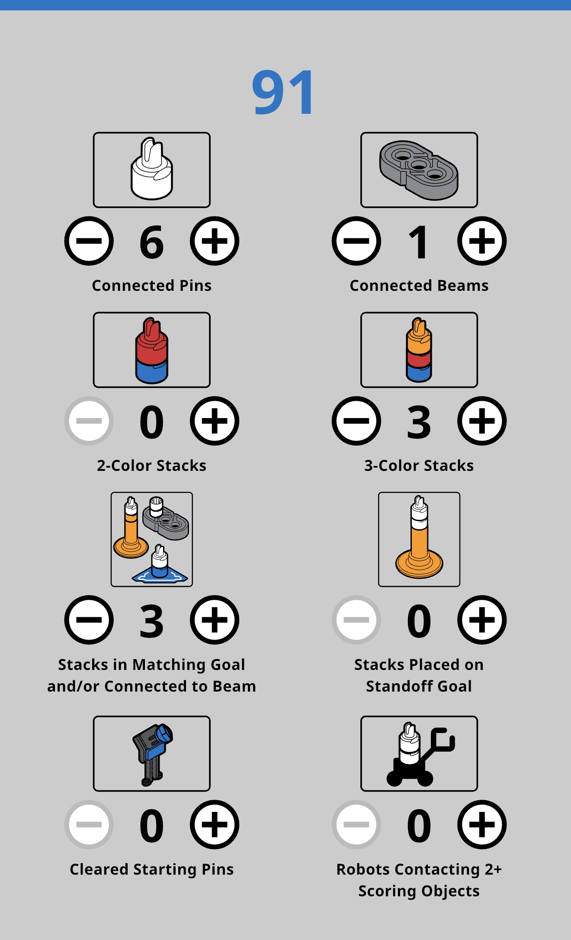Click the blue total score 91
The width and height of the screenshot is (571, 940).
[x=283, y=93]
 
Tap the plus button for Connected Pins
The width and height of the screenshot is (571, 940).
[x=215, y=241]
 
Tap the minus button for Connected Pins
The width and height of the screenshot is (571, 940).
[x=89, y=241]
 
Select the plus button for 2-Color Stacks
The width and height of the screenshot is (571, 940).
[x=215, y=421]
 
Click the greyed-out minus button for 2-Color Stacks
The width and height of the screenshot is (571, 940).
[x=89, y=421]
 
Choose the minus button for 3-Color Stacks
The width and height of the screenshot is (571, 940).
[x=356, y=421]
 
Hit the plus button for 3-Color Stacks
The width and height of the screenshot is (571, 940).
[x=482, y=421]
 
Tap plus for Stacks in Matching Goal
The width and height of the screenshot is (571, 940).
[x=215, y=620]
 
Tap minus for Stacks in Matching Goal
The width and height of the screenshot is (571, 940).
[x=89, y=620]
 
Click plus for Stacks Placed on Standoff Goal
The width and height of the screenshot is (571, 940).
[x=482, y=620]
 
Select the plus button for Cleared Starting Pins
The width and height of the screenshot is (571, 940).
[x=215, y=825]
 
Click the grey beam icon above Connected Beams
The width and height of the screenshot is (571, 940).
[x=419, y=170]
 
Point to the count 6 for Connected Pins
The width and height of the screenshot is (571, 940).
[x=152, y=242]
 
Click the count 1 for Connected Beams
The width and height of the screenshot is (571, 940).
[x=418, y=242]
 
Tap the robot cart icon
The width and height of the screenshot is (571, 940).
[x=420, y=754]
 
